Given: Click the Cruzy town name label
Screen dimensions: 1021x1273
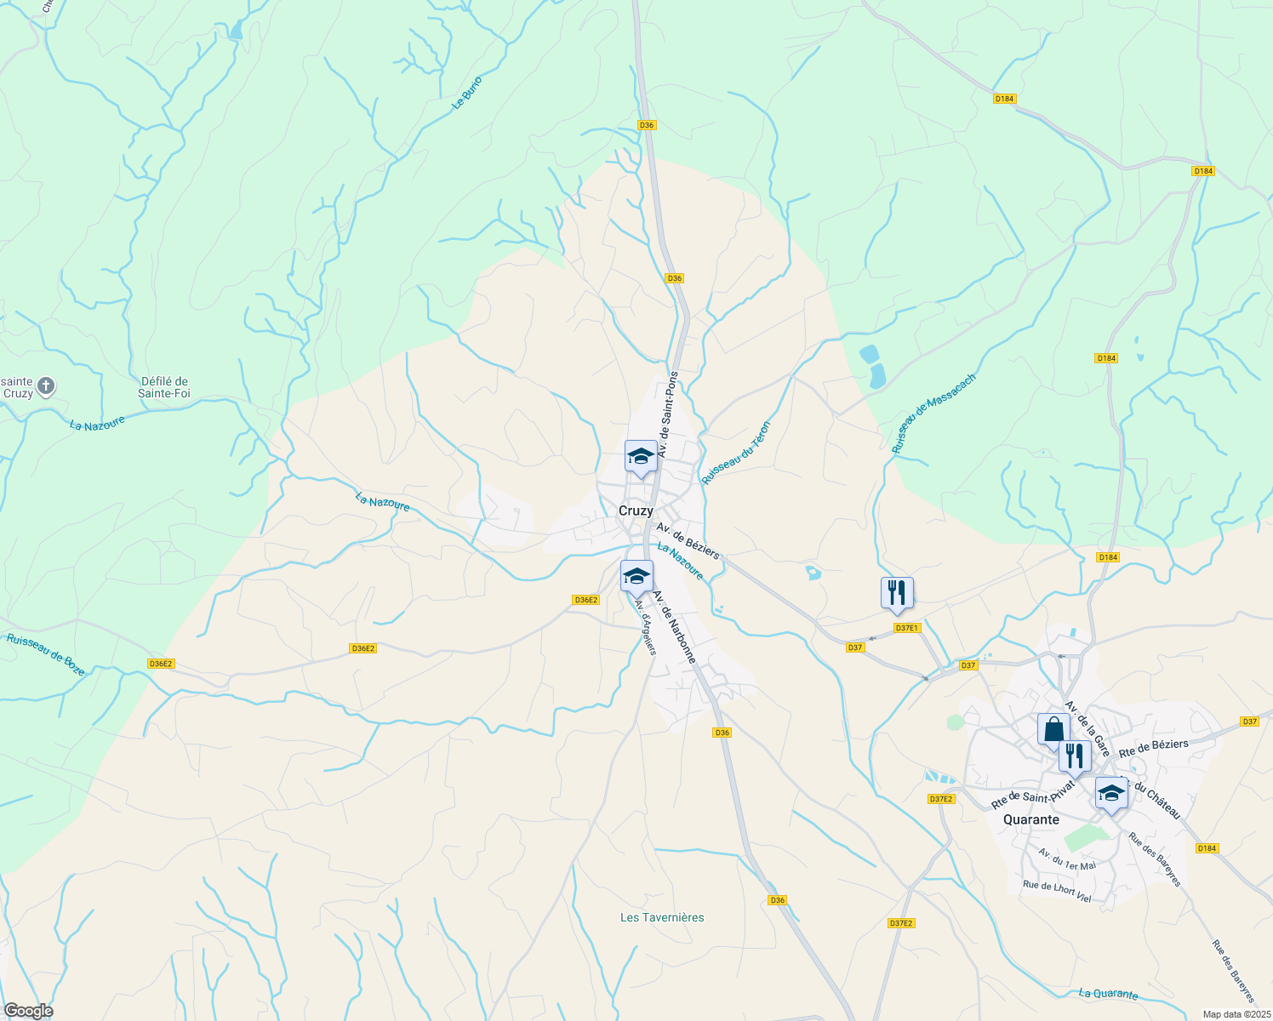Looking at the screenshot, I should (636, 511).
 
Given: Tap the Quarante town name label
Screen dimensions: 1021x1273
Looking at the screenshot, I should (1031, 820).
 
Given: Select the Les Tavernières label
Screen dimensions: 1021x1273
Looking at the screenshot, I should (662, 917).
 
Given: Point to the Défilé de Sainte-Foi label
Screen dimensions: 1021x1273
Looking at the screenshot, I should (164, 387).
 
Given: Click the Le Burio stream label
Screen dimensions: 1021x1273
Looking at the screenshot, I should (467, 93).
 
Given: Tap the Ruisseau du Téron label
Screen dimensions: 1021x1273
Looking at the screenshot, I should (736, 453).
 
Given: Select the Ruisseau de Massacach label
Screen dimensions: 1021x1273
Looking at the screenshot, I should (933, 414).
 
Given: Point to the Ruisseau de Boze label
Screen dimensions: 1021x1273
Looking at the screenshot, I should (46, 654).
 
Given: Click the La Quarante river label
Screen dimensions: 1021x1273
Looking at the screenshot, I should (1108, 994).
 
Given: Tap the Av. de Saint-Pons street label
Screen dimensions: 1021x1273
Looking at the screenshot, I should (668, 414).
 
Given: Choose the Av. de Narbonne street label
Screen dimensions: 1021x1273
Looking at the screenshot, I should (674, 627).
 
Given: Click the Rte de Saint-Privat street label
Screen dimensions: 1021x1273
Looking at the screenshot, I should (1033, 794).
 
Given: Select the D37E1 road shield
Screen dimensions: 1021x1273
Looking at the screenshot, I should (907, 628).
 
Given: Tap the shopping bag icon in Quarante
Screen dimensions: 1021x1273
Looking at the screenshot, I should (1053, 729).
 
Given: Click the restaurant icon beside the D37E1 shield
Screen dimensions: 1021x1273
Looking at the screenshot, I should (897, 592).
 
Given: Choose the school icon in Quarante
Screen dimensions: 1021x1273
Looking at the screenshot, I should (1110, 794).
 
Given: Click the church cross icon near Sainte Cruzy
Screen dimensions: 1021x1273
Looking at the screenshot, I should (46, 387).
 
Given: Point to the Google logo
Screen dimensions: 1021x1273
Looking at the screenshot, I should (27, 1011).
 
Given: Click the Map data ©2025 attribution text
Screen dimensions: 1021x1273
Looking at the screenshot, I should (1236, 1014).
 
